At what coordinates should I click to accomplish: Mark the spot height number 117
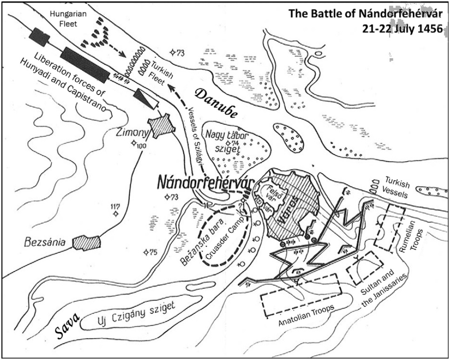[x=115, y=206]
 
